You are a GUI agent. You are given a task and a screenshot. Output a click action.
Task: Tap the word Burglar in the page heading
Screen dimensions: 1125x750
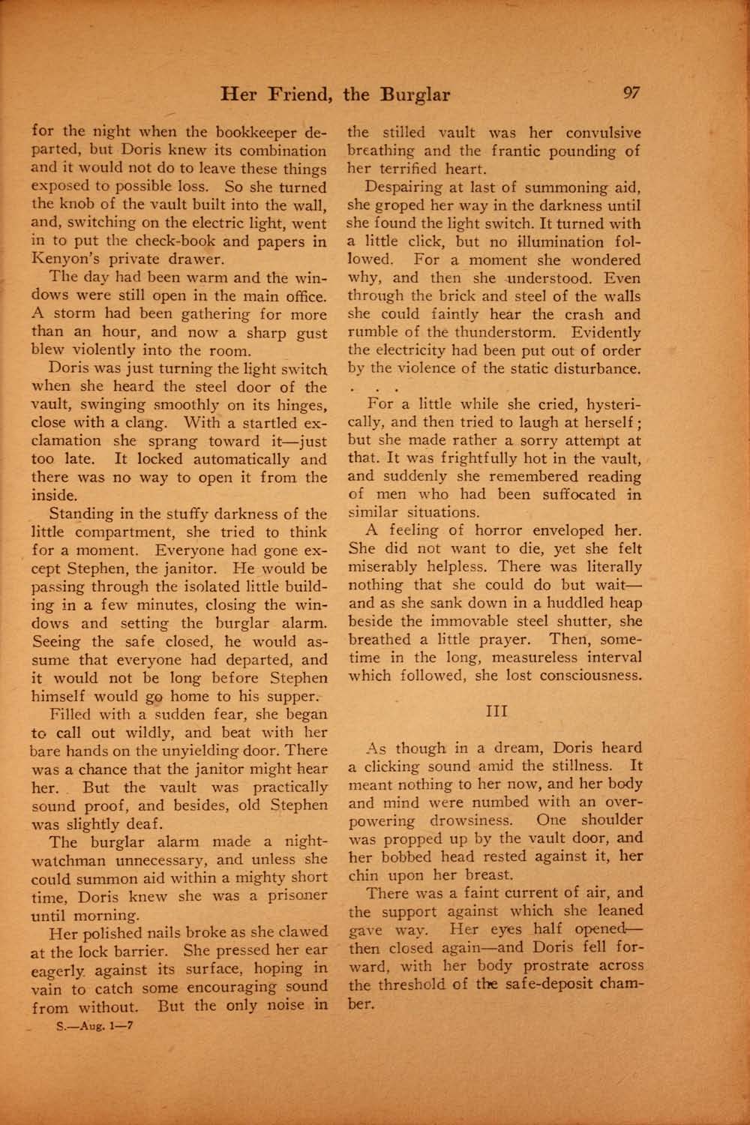pos(415,94)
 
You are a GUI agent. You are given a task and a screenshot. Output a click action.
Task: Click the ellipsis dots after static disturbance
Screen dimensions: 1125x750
pos(370,389)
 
